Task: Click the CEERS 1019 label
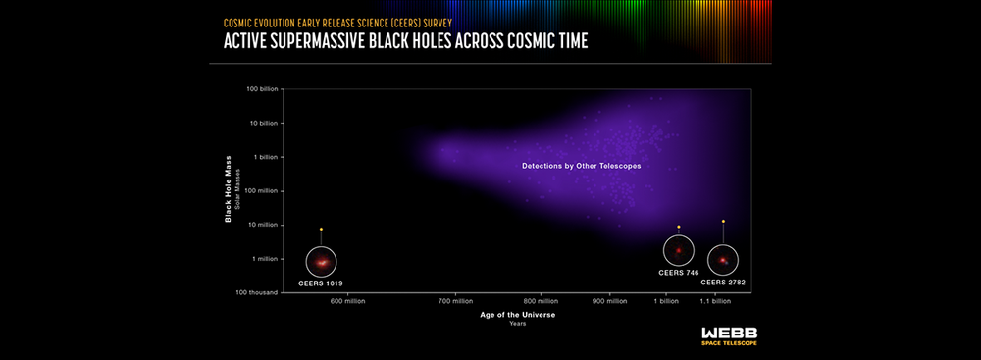click(x=321, y=283)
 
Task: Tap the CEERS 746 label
click(x=678, y=272)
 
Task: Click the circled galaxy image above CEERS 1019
click(x=321, y=262)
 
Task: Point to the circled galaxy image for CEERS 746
click(x=678, y=251)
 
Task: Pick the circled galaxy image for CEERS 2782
click(x=723, y=260)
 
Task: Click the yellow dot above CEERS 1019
click(x=321, y=229)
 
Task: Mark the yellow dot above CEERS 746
click(x=678, y=227)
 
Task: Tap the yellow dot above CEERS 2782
click(x=723, y=222)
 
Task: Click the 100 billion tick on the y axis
click(x=262, y=89)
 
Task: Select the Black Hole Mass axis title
click(x=229, y=190)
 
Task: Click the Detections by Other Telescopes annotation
click(x=581, y=167)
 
